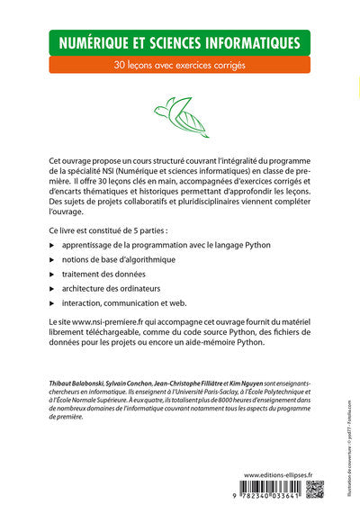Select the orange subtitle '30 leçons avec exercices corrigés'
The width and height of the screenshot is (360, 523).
click(179, 65)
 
